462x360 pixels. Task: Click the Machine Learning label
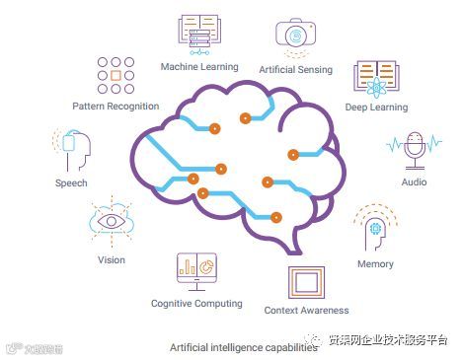[199, 67]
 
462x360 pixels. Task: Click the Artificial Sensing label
[295, 70]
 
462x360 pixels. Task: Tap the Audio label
[415, 182]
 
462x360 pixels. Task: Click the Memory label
[375, 264]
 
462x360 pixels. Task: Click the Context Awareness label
[307, 311]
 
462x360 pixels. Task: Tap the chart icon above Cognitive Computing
[196, 267]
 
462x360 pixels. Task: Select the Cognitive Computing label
[196, 303]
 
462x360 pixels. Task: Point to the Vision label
[111, 260]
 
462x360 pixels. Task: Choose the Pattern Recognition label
[115, 106]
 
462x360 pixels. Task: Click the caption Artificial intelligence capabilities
[235, 347]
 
